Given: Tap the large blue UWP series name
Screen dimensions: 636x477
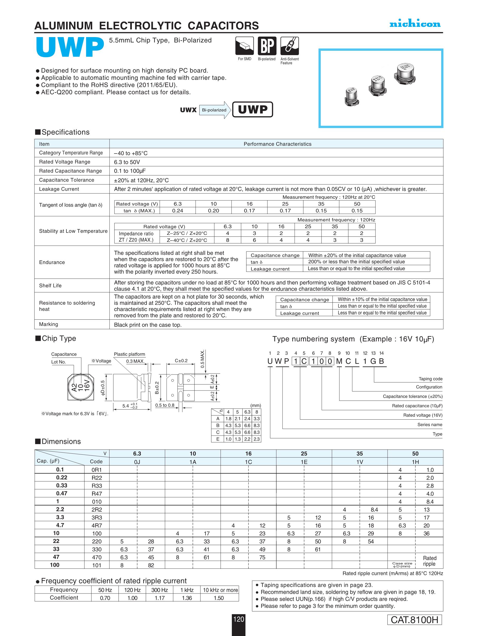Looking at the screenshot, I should pos(70,47).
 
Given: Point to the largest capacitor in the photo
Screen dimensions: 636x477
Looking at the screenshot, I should pos(405,74).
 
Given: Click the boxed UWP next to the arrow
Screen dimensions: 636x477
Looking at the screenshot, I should pos(252,109).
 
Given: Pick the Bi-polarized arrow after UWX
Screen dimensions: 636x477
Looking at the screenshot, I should pos(215,110).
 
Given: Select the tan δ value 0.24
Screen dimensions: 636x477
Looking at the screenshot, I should pos(177,211).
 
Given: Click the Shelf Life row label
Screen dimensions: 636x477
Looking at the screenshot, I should pos(50,285).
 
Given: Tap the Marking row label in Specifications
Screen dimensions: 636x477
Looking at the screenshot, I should pos(49,324).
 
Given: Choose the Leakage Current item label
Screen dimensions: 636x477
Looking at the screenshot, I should pos(59,189).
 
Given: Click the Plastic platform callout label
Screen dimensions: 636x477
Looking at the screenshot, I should pos(129,354).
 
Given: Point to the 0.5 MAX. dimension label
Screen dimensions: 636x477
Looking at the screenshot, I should pos(202,359).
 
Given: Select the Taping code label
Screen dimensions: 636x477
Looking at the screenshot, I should pos(430,379).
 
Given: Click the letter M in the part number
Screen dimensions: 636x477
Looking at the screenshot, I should pos(339,361).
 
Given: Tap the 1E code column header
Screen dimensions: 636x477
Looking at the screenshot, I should pos(304,462).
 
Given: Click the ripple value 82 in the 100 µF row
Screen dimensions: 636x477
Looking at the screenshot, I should pos(151,565).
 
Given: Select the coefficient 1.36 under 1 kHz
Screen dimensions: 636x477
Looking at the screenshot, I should pos(187,598).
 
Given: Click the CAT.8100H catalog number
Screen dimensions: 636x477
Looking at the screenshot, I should pos(414,620).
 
